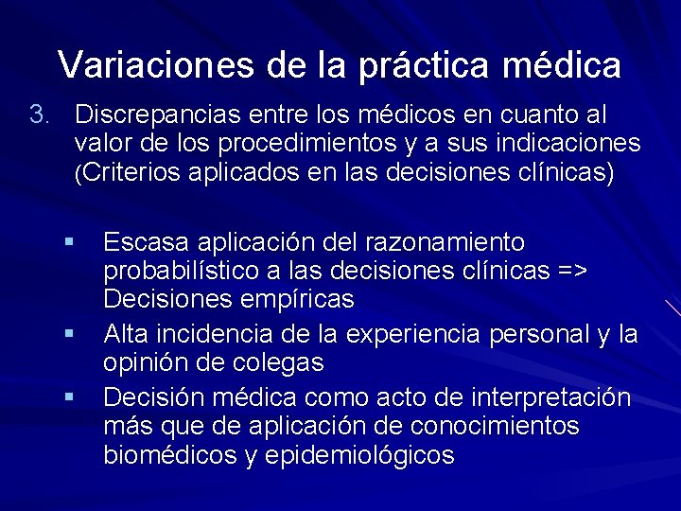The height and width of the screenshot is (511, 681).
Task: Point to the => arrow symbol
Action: [x=570, y=272]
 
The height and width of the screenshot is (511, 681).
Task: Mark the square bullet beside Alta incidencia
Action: [x=69, y=334]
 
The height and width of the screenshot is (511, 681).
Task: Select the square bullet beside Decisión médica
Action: [x=69, y=396]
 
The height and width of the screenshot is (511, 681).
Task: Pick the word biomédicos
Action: [x=169, y=455]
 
